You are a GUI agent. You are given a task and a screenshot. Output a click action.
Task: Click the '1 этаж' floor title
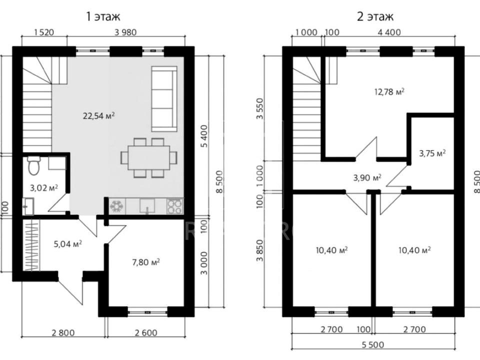click(x=103, y=16)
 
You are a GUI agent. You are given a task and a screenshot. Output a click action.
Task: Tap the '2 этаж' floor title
click(x=375, y=16)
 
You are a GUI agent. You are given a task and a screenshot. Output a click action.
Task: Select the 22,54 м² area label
click(x=99, y=116)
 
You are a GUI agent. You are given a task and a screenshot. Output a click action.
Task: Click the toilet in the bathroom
click(x=33, y=165)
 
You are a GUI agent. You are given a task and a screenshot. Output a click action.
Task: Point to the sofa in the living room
click(x=164, y=99)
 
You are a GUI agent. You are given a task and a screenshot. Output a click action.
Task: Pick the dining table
click(x=149, y=158)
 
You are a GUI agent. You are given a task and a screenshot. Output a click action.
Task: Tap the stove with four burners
click(x=175, y=206)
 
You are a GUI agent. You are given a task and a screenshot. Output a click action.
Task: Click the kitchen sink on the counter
click(x=147, y=205)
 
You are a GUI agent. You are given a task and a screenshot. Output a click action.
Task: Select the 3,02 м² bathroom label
click(x=44, y=187)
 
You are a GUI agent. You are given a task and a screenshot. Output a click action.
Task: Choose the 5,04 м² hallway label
click(x=67, y=244)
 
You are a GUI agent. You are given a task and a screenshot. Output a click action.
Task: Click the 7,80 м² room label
click(x=145, y=262)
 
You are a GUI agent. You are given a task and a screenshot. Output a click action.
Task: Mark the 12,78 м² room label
click(x=389, y=91)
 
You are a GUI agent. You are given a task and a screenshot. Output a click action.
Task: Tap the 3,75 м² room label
click(x=432, y=153)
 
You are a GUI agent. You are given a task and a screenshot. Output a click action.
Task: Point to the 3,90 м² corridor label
click(x=367, y=177)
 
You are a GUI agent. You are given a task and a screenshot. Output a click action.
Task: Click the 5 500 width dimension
click(x=372, y=345)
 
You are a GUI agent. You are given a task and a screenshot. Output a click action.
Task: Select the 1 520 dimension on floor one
click(x=44, y=32)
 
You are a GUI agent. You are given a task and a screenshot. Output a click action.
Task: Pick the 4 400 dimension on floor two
click(x=389, y=32)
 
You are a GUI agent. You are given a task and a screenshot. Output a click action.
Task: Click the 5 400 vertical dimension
click(x=204, y=136)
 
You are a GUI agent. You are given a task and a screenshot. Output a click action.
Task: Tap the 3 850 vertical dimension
click(x=260, y=250)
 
